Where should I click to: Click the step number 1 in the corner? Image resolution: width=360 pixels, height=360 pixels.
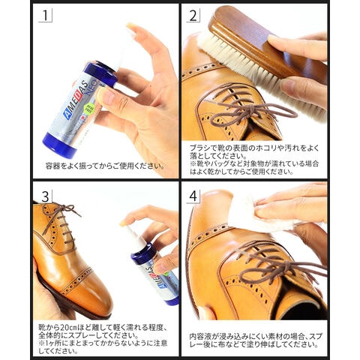click(45, 16)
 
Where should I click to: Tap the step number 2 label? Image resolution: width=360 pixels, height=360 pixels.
click(193, 16)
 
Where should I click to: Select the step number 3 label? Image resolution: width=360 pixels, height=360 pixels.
click(45, 196)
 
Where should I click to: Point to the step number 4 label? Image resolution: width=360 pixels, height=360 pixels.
click(193, 196)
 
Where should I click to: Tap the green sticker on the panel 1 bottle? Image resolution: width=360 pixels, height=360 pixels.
click(88, 109)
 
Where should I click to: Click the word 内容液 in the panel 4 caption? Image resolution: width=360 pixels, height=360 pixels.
click(200, 337)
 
